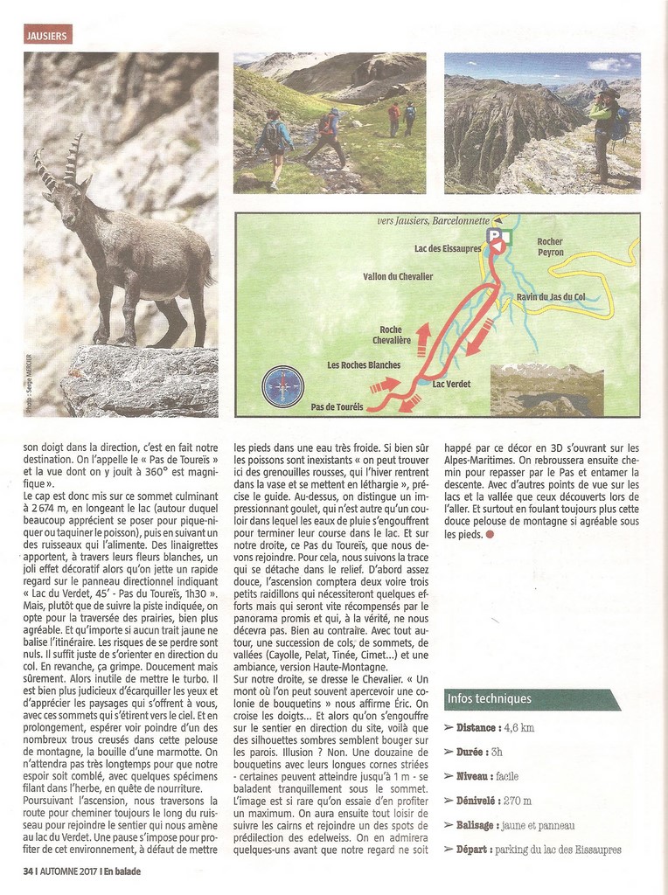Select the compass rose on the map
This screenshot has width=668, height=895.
tap(282, 386)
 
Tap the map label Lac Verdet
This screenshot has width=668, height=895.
tap(451, 384)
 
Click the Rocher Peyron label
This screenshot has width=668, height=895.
tap(550, 247)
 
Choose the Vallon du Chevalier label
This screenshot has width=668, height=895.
tap(398, 277)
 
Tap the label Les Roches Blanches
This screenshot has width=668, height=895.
tap(364, 364)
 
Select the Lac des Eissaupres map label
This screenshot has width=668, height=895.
tap(448, 249)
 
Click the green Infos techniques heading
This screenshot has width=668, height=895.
tap(489, 699)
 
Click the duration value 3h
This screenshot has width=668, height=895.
tap(496, 752)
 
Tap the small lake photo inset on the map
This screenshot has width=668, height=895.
tap(546, 390)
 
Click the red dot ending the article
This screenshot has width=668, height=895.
tap(489, 534)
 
